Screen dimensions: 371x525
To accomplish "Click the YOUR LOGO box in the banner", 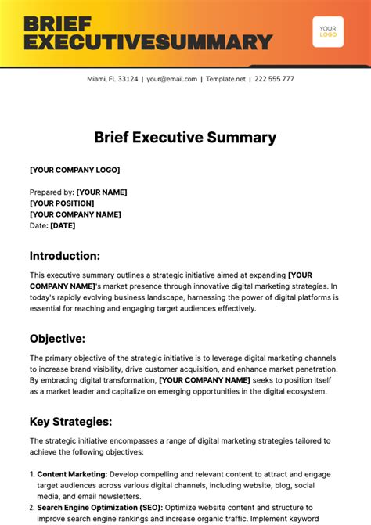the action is [328, 31].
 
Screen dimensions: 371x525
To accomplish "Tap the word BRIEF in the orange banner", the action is [58, 23].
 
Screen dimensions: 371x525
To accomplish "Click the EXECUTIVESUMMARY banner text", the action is [148, 41].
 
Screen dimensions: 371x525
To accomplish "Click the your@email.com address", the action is [171, 79].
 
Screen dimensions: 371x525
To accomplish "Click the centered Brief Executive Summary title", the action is [185, 138].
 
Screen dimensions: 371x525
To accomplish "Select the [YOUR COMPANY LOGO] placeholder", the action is [75, 170].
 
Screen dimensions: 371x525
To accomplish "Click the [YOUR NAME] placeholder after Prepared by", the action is [102, 192].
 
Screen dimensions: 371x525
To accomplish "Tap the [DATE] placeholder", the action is [63, 225].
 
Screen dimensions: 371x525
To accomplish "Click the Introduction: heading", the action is [65, 256].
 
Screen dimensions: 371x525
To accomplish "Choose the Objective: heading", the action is [58, 339].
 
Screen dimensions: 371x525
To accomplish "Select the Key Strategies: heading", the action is [71, 422].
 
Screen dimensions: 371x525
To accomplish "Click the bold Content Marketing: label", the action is [72, 473].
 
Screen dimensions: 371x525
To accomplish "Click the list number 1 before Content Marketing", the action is [31, 473].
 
